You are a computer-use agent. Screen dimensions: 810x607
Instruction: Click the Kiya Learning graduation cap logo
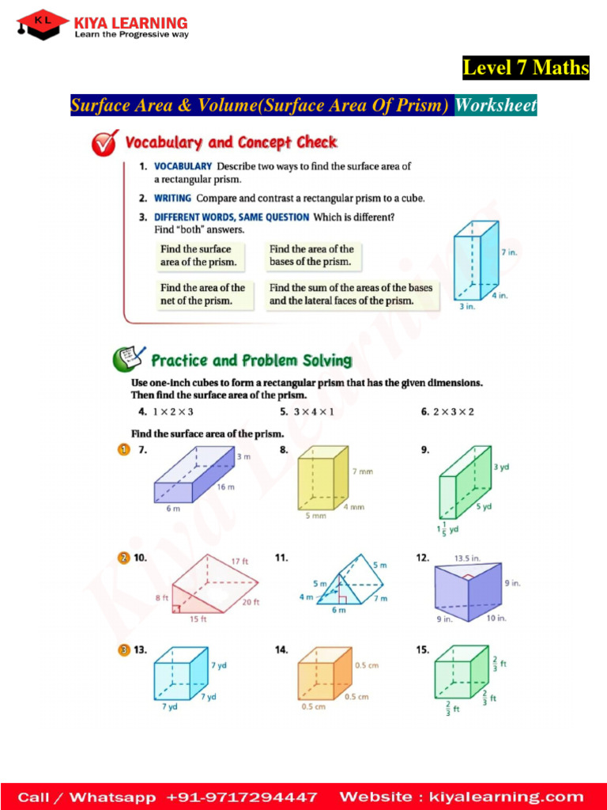click(42, 25)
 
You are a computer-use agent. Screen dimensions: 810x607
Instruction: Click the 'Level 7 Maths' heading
click(526, 68)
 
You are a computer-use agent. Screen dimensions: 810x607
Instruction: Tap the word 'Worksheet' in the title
click(496, 105)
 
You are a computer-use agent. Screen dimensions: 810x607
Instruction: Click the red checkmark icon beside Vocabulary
click(104, 143)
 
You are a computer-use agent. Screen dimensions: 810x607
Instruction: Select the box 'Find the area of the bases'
click(311, 255)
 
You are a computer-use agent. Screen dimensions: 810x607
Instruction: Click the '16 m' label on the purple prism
click(225, 487)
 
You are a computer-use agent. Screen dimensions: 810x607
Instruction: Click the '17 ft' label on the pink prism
click(240, 562)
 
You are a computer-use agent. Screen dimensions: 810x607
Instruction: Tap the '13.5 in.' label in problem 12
click(468, 558)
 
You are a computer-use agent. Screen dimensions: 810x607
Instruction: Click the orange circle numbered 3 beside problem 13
click(123, 650)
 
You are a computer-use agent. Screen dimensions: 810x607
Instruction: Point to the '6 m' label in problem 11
click(338, 611)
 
